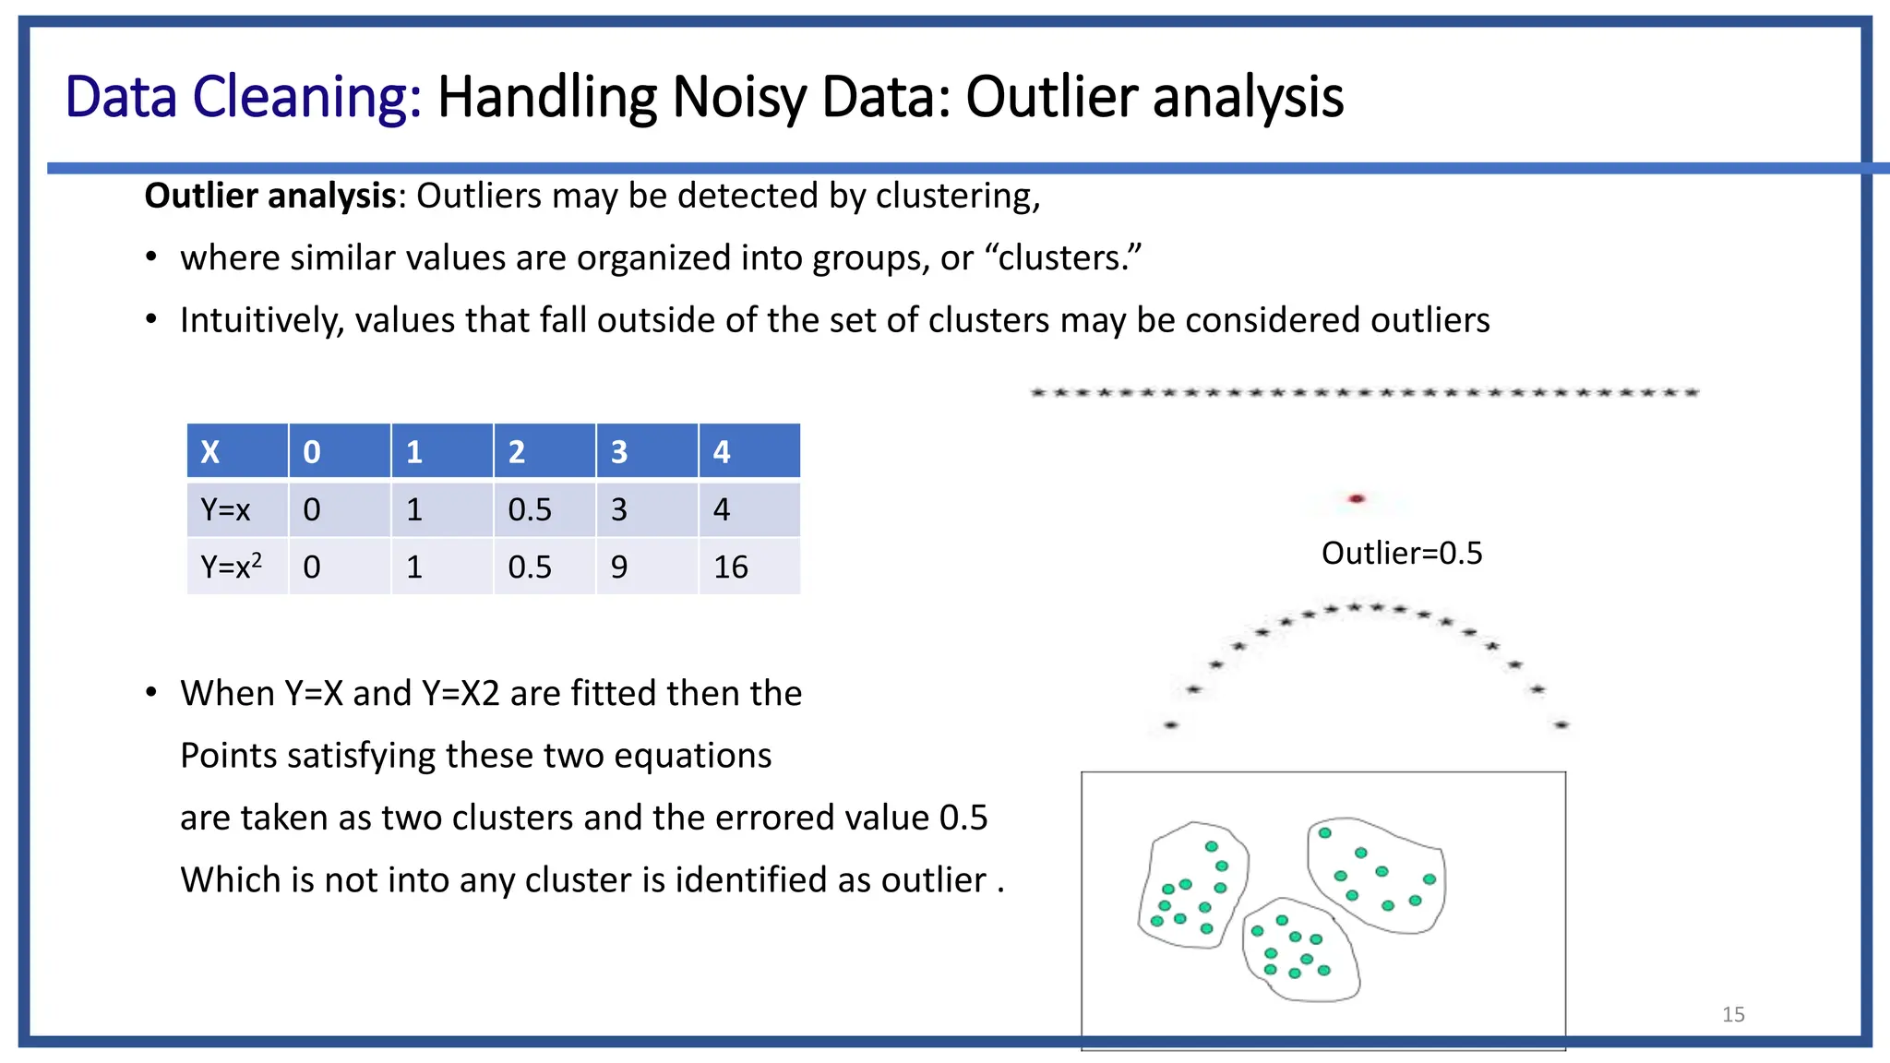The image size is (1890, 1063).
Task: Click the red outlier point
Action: (x=1356, y=499)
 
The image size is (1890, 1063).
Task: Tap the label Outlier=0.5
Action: (x=1401, y=554)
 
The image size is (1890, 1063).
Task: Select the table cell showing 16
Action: (x=748, y=567)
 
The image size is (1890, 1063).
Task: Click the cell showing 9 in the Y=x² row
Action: (x=646, y=567)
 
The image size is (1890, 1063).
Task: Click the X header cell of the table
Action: (x=237, y=451)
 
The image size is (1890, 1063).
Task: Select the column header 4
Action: (x=748, y=451)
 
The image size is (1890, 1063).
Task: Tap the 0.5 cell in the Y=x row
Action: (x=544, y=509)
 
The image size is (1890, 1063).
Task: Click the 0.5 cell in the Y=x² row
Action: (x=544, y=567)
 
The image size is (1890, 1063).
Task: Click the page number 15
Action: (x=1733, y=1015)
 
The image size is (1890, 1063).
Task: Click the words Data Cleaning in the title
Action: (x=243, y=97)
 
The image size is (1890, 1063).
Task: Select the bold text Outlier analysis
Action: (x=269, y=197)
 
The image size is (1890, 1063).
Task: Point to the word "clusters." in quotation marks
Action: (x=1070, y=258)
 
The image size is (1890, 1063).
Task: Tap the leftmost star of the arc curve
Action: (x=1171, y=725)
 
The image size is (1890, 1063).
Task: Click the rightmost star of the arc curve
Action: (x=1561, y=725)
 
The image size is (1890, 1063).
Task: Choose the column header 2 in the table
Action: (x=544, y=451)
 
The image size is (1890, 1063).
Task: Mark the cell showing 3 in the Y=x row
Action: (x=646, y=509)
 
